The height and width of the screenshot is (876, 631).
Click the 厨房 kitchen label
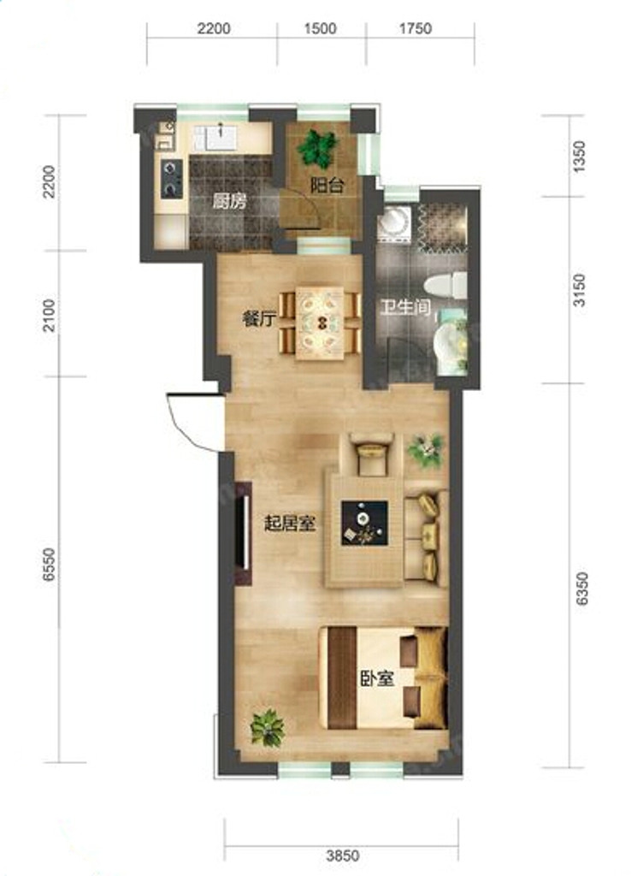coord(229,202)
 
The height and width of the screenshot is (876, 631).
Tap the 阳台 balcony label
coord(327,186)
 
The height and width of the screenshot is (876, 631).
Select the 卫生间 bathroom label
coord(405,307)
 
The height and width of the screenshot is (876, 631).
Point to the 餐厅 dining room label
coord(259,319)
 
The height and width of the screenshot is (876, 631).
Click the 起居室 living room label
coord(290,524)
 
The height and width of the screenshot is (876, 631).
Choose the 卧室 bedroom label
coord(377,678)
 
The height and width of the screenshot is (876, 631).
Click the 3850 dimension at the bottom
coord(343,855)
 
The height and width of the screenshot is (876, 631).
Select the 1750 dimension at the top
coord(416,28)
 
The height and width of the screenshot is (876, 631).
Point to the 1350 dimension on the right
coord(581,157)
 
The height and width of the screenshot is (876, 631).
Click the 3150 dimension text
coord(581,290)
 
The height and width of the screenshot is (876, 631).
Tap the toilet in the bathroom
coord(445,286)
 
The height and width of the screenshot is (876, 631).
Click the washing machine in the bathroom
coord(395,223)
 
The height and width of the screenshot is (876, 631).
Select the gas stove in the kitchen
coord(172,178)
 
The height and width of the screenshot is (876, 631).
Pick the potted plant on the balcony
coord(318,148)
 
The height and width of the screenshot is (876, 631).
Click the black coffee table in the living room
coord(364,524)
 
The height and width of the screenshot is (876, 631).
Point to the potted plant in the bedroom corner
coord(268,728)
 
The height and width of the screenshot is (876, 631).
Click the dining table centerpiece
coord(322,323)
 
